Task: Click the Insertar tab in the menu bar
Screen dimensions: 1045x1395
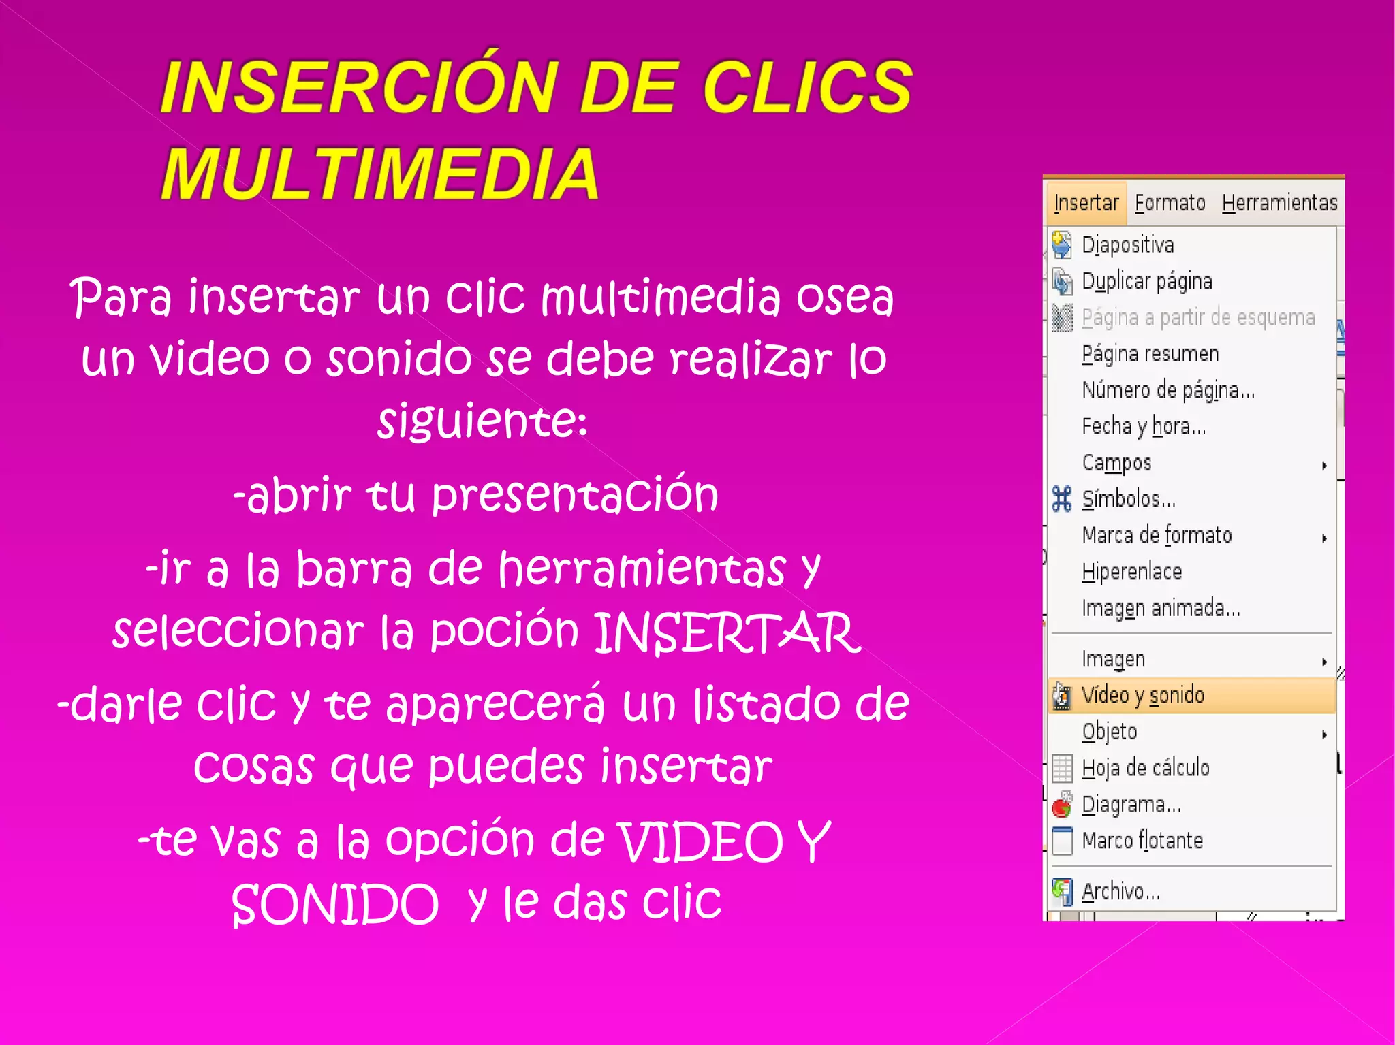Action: tap(1086, 203)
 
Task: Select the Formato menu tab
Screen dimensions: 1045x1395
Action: tap(1170, 203)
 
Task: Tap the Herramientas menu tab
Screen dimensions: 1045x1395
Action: tap(1279, 203)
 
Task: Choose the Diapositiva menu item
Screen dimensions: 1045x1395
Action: tap(1127, 244)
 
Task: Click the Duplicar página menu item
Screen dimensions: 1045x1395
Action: tap(1146, 281)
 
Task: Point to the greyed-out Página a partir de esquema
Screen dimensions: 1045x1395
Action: tap(1197, 317)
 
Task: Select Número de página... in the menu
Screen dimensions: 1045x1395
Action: tap(1167, 390)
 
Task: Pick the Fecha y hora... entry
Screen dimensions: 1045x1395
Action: tap(1144, 426)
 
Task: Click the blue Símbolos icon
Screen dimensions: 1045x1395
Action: tap(1061, 499)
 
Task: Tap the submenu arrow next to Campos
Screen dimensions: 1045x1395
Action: tap(1324, 466)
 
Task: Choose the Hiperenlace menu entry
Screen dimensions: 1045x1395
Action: tap(1131, 572)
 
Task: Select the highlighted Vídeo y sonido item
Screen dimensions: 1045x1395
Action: tap(1143, 695)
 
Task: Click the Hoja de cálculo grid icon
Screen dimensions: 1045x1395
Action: tap(1062, 769)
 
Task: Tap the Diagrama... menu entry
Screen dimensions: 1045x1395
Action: tap(1131, 805)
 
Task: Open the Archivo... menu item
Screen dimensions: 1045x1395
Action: tap(1120, 891)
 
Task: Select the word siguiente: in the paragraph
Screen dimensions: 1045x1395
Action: tap(482, 421)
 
